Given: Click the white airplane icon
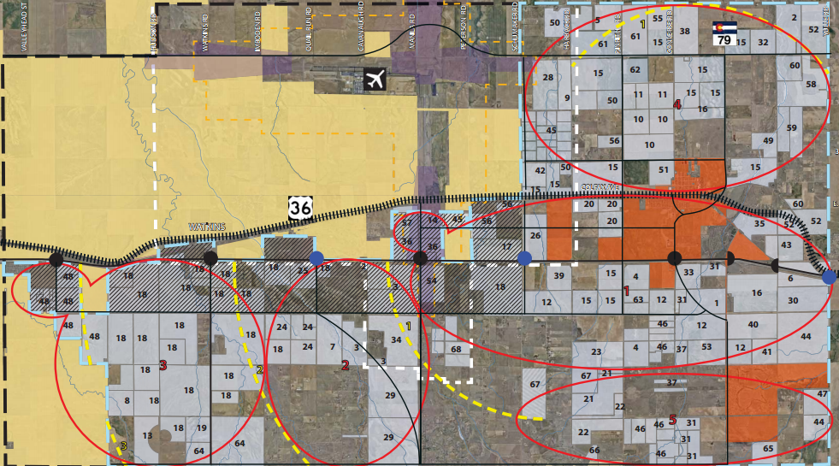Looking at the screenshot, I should coord(374,80).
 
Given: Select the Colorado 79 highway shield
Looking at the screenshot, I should coord(724,35).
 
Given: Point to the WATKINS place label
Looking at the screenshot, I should coord(205,227).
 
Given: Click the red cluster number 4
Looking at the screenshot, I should coord(677,105).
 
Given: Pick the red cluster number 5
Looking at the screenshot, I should coord(672,420).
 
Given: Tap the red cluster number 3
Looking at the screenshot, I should coord(162,366).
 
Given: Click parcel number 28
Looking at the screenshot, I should coord(547,79).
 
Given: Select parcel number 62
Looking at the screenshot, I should coord(635,70).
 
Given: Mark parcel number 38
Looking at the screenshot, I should coord(684,31).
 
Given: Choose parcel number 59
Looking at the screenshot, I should coord(792,128).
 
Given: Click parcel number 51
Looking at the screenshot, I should coord(664,169).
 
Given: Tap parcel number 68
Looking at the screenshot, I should coord(455,349).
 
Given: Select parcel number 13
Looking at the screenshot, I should coord(147,436).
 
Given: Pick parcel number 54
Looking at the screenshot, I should coord(431,281).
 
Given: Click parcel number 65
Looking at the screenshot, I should coord(768,449).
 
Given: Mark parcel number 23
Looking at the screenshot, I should coord(595,352).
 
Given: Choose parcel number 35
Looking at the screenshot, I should coord(759,224).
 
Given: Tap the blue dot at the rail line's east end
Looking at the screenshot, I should coord(828,276).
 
